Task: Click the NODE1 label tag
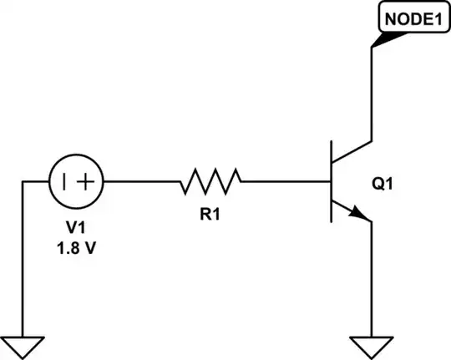(410, 18)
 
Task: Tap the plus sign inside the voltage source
(87, 180)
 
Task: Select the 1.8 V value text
(76, 249)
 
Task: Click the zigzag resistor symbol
(210, 180)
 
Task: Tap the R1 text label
(210, 214)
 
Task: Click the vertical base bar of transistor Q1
(332, 180)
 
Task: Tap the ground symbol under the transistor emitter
(372, 342)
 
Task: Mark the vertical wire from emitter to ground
(372, 276)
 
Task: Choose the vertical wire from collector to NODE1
(372, 92)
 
